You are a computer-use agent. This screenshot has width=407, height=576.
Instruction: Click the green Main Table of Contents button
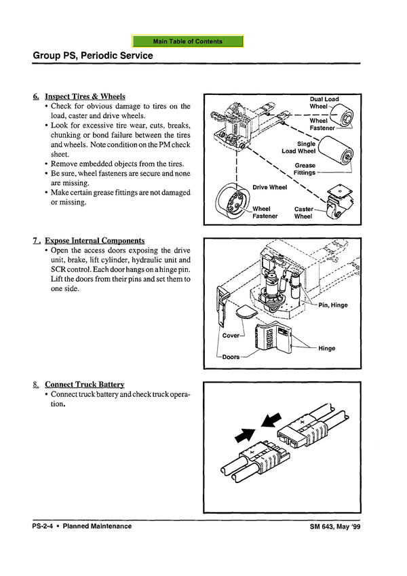coord(188,41)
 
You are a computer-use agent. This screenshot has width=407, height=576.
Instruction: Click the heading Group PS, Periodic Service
coord(93,56)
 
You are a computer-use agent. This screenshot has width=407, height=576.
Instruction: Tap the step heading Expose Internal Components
coord(94,241)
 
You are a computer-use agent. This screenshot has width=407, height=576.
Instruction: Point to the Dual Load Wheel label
coord(324,103)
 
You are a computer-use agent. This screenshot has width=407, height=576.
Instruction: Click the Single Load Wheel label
coord(299,147)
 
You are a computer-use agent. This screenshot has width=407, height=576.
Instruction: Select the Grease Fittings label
coord(305,169)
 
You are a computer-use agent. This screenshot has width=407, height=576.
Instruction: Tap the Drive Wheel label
coord(270,187)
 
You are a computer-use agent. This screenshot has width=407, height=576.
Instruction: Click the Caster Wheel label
coord(303,213)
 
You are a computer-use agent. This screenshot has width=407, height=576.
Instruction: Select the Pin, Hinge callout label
coord(331,305)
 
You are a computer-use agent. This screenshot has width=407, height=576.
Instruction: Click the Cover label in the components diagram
coord(231,336)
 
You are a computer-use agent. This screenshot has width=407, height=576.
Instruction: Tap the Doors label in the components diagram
coord(231,357)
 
